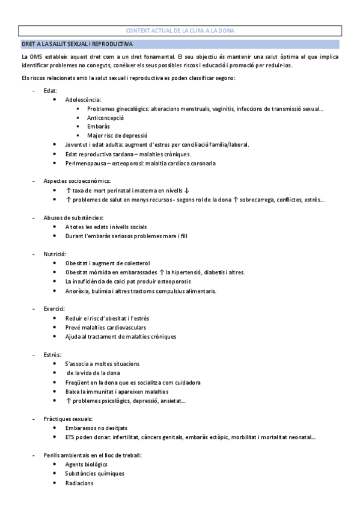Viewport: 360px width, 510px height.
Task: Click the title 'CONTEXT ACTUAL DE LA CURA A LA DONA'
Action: click(180, 31)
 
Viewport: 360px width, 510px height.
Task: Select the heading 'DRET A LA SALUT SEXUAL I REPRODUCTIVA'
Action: click(78, 45)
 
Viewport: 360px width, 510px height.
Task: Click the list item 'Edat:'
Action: click(50, 90)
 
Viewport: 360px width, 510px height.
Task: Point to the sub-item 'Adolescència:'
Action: click(83, 99)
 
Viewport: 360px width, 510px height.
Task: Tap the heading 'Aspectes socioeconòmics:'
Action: click(77, 181)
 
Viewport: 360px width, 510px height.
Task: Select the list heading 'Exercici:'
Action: click(54, 309)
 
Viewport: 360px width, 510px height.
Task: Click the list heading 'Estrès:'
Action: click(52, 354)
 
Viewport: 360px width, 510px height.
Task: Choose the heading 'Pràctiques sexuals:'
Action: click(69, 419)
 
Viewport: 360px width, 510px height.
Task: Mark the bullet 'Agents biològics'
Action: click(87, 464)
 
